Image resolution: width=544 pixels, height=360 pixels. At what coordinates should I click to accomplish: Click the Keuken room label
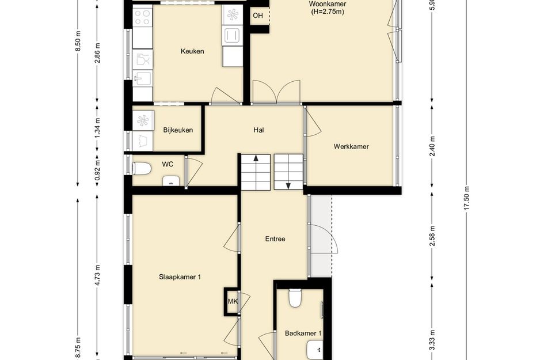192,51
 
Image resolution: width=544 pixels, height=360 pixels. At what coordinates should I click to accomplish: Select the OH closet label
258,16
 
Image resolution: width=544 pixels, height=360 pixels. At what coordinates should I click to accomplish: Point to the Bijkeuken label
178,130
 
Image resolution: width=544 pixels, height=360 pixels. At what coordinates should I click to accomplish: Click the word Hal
258,130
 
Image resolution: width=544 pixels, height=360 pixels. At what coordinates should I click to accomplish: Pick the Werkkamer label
351,146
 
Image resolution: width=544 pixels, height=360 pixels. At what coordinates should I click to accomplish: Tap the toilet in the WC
142,169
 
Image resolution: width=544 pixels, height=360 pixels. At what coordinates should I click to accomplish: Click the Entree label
275,239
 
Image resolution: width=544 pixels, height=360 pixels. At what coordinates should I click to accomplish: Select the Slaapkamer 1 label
180,277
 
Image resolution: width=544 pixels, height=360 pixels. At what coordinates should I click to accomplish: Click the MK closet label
233,301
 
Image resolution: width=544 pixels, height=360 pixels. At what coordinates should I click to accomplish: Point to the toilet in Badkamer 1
295,298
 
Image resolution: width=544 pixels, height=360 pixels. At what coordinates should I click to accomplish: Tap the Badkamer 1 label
303,334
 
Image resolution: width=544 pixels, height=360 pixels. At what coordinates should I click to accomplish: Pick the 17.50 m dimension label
466,198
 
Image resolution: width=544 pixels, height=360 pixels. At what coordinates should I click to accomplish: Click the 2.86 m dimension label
98,53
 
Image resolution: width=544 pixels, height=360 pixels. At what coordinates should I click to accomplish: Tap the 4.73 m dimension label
98,275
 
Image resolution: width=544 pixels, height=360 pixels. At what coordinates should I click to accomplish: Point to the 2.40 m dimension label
432,146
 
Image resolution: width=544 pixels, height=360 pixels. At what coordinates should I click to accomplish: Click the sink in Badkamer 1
315,350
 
